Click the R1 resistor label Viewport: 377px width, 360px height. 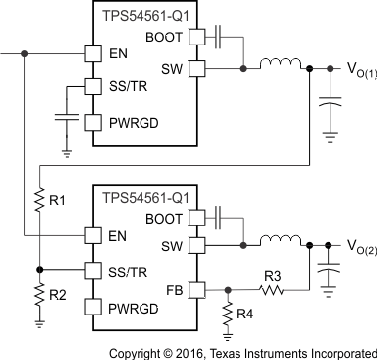[58, 199]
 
